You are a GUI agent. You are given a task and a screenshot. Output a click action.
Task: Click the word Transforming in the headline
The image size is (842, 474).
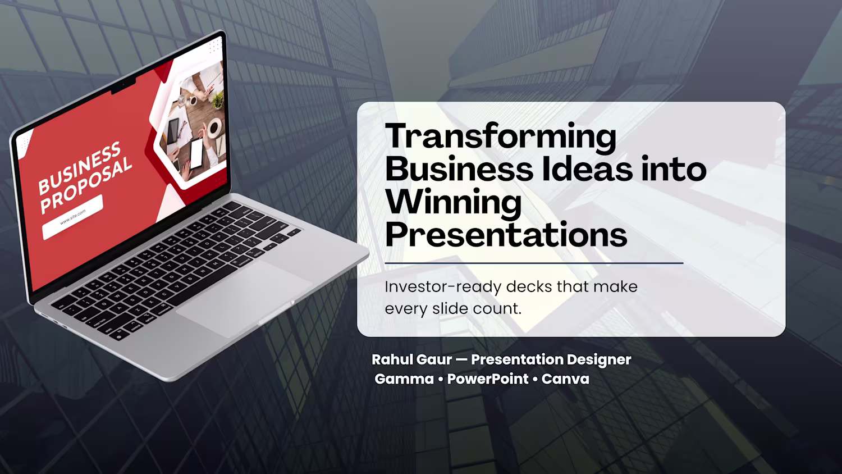[501, 138]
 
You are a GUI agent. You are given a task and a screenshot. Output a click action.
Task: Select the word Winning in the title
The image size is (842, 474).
[454, 203]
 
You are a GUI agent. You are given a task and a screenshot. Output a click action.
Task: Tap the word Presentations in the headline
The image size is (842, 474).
[506, 235]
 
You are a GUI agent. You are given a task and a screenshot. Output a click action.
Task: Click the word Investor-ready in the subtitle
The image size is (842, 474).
[443, 287]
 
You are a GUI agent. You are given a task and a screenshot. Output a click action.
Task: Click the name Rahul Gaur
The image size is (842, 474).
[411, 359]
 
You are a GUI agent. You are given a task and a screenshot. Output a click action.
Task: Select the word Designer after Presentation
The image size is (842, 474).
[599, 360]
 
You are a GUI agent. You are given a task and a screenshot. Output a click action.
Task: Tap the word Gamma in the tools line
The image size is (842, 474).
[404, 379]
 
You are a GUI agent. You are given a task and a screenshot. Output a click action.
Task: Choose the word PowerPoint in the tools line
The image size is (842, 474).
[488, 379]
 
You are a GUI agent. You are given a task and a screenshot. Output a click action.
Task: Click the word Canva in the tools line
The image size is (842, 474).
[565, 379]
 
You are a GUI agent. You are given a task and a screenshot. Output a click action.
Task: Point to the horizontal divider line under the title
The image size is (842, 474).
[534, 263]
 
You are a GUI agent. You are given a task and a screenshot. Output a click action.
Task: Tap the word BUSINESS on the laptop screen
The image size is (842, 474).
[79, 168]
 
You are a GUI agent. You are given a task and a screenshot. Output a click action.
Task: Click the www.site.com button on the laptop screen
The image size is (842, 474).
[72, 217]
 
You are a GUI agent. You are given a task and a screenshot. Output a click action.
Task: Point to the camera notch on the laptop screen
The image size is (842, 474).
[123, 86]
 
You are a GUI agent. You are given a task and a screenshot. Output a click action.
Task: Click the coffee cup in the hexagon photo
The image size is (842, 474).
[214, 127]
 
